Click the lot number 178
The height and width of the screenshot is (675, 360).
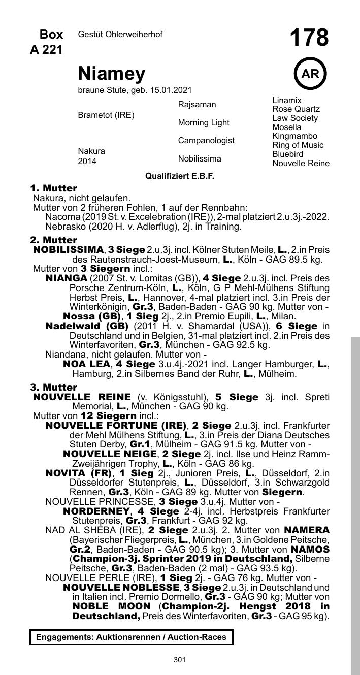309,39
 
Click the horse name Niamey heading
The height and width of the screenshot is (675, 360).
112,74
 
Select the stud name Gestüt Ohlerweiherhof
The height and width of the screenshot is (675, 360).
120,34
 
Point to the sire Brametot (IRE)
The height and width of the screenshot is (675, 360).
106,115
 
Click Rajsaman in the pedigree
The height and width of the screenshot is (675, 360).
197,105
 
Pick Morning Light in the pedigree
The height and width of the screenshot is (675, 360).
204,123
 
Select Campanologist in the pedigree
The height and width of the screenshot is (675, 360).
206,141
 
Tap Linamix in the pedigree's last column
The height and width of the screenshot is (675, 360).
287,101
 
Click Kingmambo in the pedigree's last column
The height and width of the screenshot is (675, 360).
295,136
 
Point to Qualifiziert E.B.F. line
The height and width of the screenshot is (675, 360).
180,176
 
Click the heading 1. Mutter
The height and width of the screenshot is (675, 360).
53,188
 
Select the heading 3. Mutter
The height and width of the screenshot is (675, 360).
53,388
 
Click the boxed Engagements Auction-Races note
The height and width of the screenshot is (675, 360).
131,637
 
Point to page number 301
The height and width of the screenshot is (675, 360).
179,660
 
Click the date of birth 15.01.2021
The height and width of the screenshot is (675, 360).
171,90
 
